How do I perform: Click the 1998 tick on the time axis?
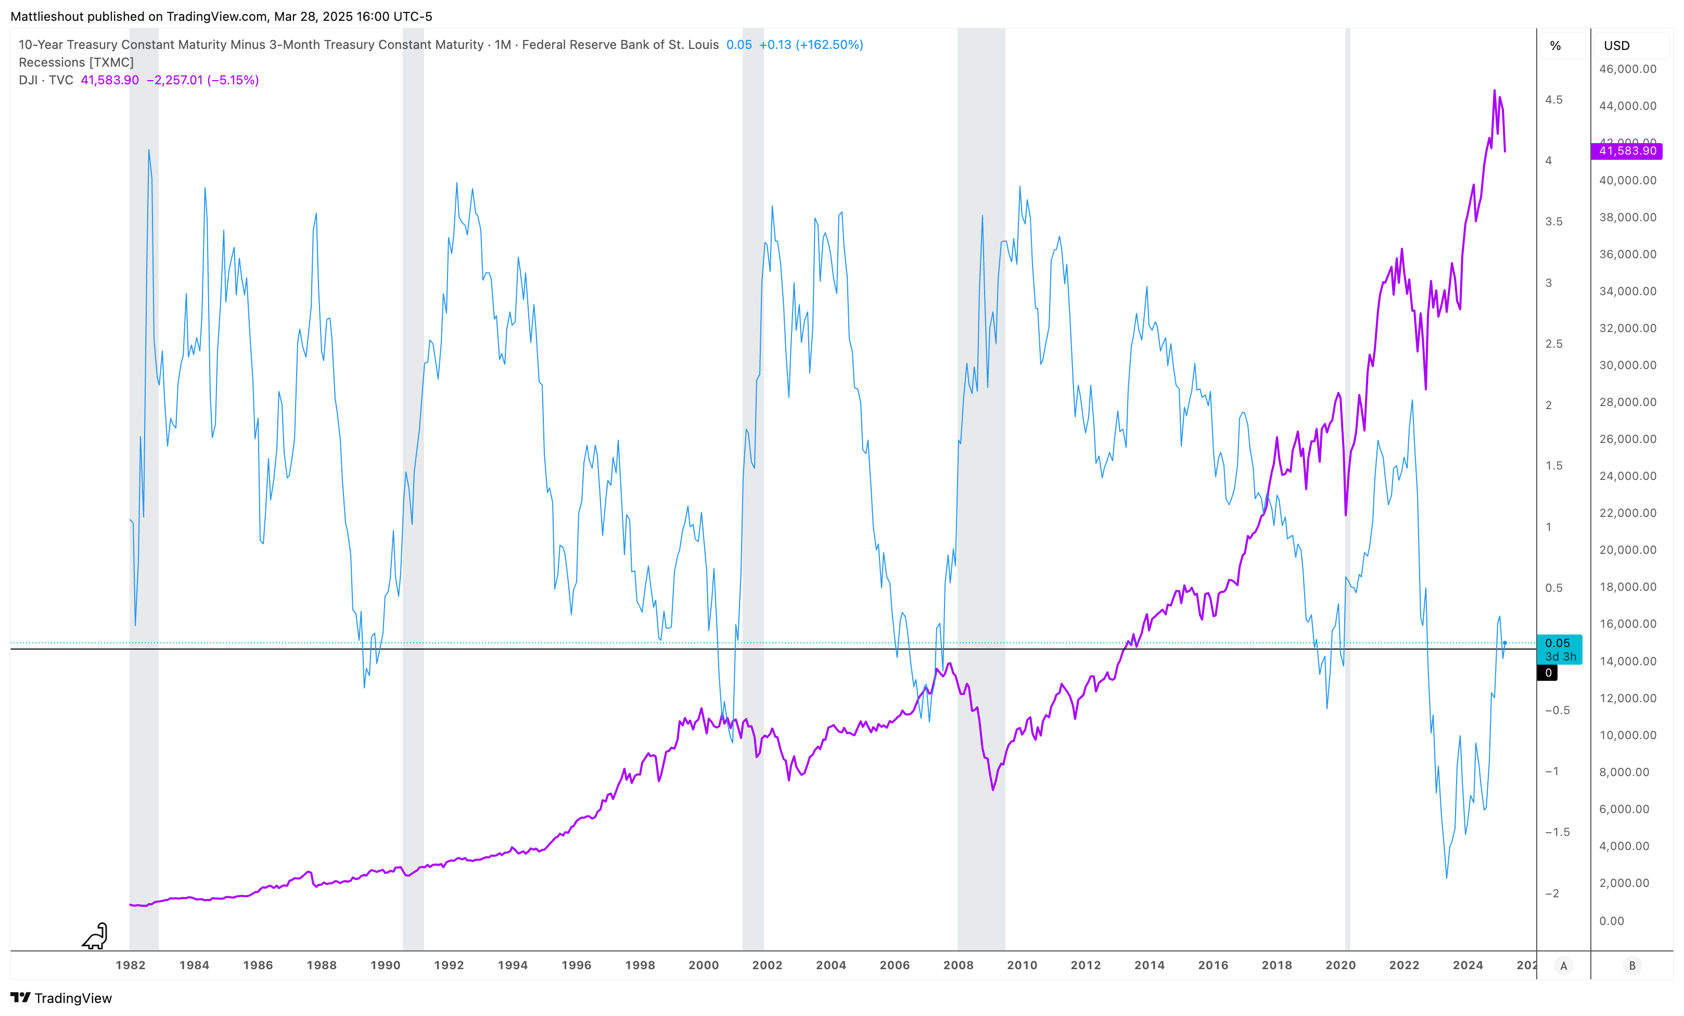click(x=640, y=964)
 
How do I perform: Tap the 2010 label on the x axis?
click(x=1022, y=964)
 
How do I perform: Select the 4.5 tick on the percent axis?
click(x=1553, y=100)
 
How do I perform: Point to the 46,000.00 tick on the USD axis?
click(x=1627, y=69)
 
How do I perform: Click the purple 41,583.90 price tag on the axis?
click(x=1627, y=150)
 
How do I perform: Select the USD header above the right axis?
click(x=1616, y=46)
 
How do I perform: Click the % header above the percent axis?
click(x=1555, y=46)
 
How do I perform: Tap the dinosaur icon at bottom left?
click(x=95, y=936)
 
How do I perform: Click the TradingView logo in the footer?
click(x=61, y=998)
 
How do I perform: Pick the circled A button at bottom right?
click(x=1564, y=966)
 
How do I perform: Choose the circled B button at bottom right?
click(x=1632, y=966)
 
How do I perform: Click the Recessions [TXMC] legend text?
click(x=76, y=62)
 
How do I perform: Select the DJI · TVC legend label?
click(x=46, y=80)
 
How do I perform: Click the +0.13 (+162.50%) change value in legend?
click(x=811, y=44)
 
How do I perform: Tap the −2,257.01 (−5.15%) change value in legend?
click(x=202, y=80)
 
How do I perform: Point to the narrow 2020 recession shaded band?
click(x=1348, y=479)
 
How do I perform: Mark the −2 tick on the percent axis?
click(x=1552, y=893)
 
